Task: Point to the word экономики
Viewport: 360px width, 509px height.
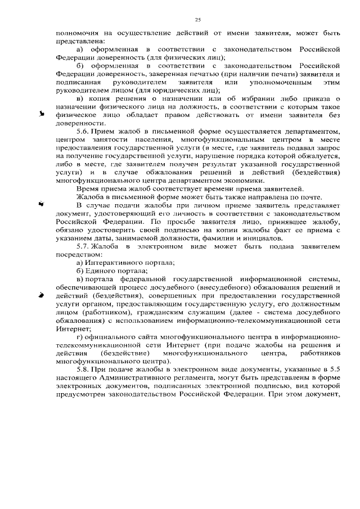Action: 243,181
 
